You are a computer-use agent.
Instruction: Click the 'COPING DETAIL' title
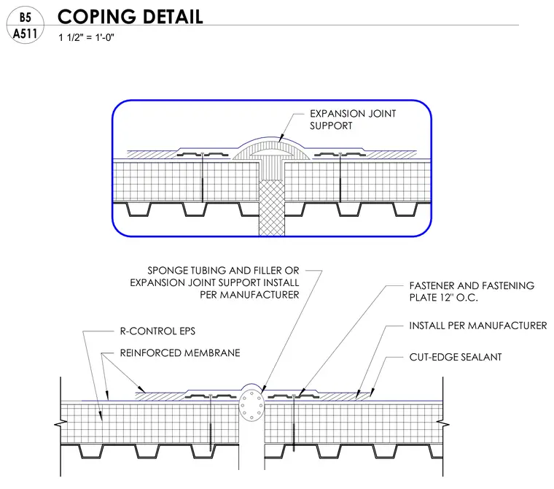[x=130, y=17]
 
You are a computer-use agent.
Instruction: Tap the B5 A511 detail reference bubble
[x=26, y=26]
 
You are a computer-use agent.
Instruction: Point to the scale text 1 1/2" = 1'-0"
[x=86, y=37]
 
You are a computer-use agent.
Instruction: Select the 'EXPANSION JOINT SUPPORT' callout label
[x=353, y=120]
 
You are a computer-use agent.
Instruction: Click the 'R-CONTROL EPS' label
[x=157, y=331]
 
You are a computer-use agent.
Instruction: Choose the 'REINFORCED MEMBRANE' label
[x=180, y=353]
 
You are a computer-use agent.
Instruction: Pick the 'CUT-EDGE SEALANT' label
[x=456, y=357]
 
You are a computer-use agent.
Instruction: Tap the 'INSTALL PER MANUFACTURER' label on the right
[x=478, y=326]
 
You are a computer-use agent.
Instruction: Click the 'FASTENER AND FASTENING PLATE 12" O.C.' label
[x=472, y=291]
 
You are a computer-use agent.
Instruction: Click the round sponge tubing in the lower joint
[x=251, y=406]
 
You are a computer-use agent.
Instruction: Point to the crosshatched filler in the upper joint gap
[x=271, y=208]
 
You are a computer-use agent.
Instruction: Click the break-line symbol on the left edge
[x=61, y=423]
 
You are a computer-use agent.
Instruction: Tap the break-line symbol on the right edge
[x=443, y=423]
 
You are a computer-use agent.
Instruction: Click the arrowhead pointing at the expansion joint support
[x=281, y=139]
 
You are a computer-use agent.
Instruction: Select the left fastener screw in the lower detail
[x=211, y=423]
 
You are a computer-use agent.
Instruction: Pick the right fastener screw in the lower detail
[x=294, y=423]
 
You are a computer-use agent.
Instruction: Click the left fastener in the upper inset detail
[x=203, y=177]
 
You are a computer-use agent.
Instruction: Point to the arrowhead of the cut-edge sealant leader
[x=371, y=392]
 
